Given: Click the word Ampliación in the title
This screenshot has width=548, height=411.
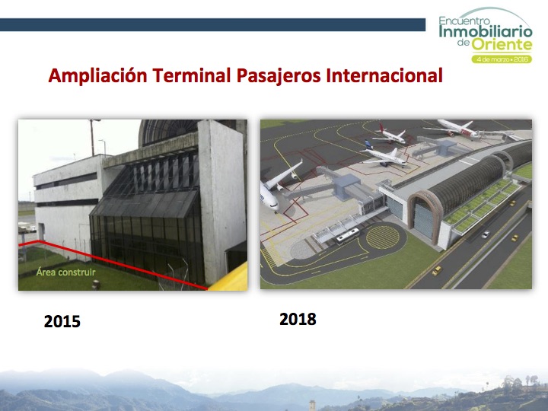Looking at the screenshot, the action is pyautogui.click(x=97, y=75).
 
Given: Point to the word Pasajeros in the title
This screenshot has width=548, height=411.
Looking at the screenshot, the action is pyautogui.click(x=279, y=76).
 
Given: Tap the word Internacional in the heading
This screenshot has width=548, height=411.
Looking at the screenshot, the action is pyautogui.click(x=384, y=75).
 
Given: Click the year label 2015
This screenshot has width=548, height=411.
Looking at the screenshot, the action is pyautogui.click(x=62, y=321).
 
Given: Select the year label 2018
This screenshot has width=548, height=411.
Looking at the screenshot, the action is pyautogui.click(x=298, y=319).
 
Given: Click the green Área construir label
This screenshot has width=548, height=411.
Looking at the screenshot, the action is pyautogui.click(x=65, y=272).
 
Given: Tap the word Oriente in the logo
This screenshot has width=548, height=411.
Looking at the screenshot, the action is pyautogui.click(x=502, y=45).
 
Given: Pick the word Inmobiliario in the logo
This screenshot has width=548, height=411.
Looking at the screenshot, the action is pyautogui.click(x=486, y=31).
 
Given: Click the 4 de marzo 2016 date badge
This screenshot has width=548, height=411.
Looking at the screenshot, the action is pyautogui.click(x=502, y=59).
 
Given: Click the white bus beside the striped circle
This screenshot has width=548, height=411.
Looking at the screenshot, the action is pyautogui.click(x=347, y=236).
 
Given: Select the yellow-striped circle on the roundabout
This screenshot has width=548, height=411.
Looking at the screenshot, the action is pyautogui.click(x=383, y=237).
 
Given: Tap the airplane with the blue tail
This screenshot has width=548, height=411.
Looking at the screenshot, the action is pyautogui.click(x=384, y=154).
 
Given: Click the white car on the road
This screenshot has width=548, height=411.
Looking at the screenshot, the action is pyautogui.click(x=486, y=234).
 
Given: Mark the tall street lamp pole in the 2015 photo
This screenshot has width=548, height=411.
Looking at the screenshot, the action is pyautogui.click(x=93, y=137).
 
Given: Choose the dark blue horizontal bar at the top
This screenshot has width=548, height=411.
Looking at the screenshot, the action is pyautogui.click(x=212, y=25).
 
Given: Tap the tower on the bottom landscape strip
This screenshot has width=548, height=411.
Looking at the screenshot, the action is pyautogui.click(x=312, y=406).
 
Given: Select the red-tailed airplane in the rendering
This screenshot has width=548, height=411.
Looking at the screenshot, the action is pyautogui.click(x=390, y=135).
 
